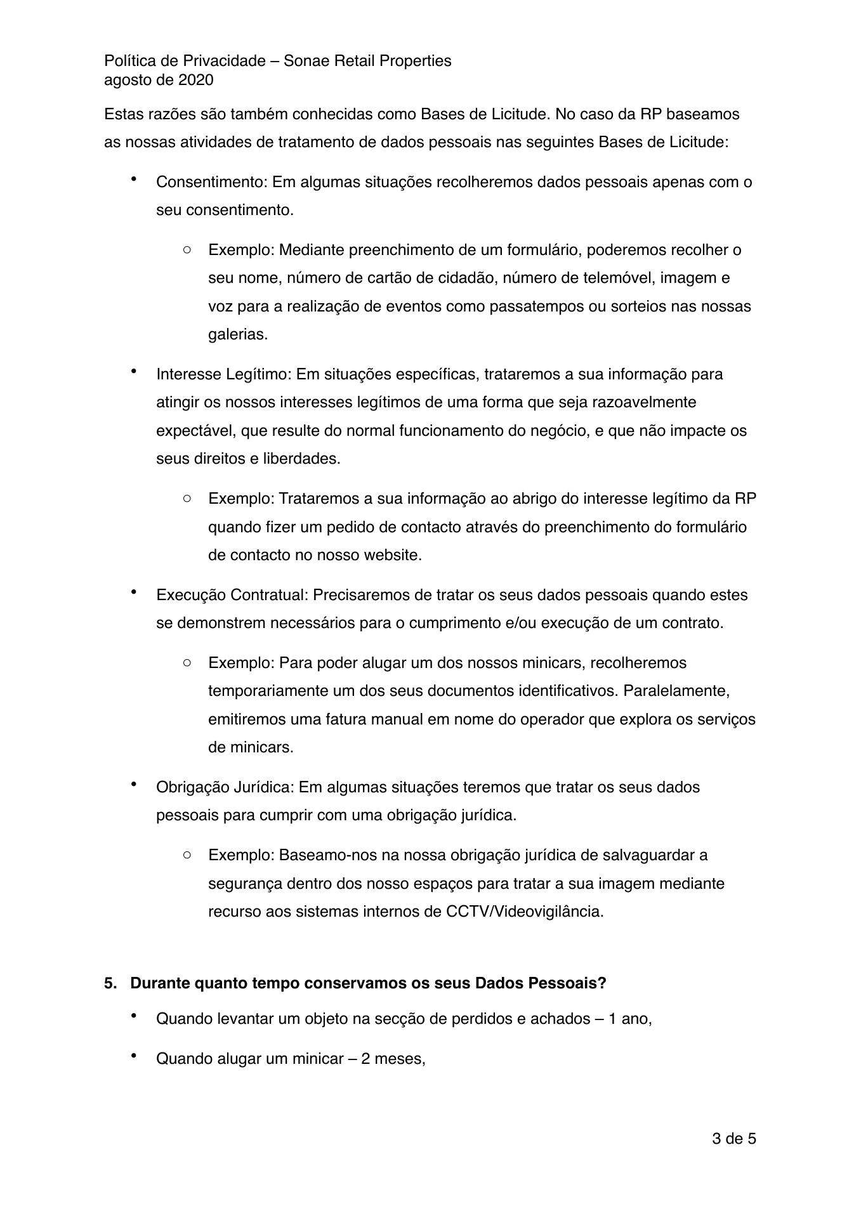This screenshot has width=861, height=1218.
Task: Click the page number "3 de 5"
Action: (733, 1139)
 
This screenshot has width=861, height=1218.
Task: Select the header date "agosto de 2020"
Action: (159, 80)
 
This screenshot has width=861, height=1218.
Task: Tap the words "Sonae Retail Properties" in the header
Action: (367, 61)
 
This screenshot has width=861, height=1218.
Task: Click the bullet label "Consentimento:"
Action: (213, 182)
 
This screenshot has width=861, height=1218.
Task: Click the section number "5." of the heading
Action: (111, 983)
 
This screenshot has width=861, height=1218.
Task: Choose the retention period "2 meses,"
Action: (393, 1059)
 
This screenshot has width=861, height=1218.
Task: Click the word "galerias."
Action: (238, 334)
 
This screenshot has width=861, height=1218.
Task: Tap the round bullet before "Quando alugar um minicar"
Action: (134, 1056)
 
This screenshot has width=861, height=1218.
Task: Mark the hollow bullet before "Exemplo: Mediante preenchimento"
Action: (187, 250)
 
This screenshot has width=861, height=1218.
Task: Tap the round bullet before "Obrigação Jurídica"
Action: (134, 785)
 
